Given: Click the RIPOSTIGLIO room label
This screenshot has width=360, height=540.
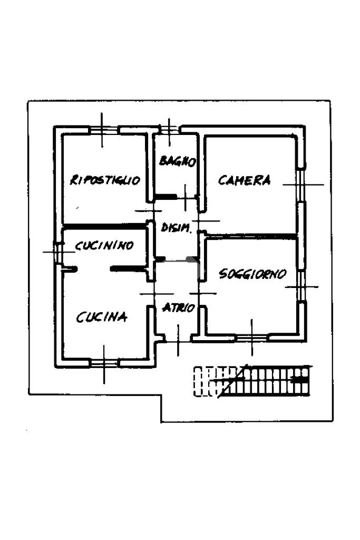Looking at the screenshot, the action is click(105, 180).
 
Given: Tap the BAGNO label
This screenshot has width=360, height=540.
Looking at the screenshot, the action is click(178, 161).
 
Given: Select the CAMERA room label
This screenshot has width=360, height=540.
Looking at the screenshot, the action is click(245, 180).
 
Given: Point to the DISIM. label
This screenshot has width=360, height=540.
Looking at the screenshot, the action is click(176, 227).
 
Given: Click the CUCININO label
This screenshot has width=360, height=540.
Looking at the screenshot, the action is click(104, 245).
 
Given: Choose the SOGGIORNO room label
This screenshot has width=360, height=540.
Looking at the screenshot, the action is click(252, 274).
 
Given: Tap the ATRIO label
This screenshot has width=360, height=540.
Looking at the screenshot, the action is click(179, 307).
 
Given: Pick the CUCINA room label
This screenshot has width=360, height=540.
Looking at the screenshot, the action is click(102, 317).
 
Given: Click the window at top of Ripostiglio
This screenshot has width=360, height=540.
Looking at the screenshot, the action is click(103, 130).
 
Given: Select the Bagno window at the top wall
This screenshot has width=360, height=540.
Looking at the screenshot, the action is click(169, 129).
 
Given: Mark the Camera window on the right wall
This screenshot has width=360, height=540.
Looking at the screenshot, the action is click(301, 185).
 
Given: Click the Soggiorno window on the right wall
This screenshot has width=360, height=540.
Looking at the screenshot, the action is click(301, 286).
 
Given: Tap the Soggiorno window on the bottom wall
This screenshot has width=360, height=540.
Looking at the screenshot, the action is click(252, 338).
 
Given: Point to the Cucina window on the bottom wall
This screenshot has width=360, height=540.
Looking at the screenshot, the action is click(104, 363).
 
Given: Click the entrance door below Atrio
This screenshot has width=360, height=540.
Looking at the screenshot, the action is click(178, 341).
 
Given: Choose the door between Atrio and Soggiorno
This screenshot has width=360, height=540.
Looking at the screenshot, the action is click(202, 293).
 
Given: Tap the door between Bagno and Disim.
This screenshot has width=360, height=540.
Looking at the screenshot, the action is click(186, 197).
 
